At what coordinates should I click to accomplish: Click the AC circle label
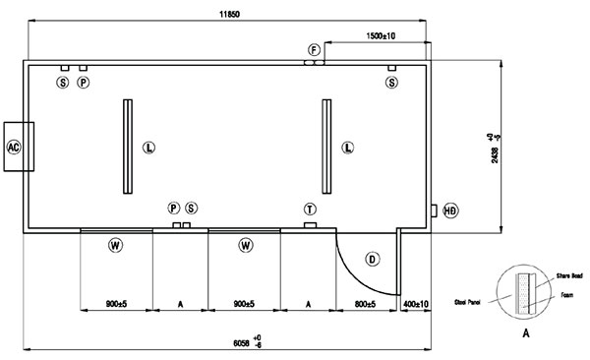click(14, 147)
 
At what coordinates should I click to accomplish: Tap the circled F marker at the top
click(314, 49)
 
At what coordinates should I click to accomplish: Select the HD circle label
click(450, 210)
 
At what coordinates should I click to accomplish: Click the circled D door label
click(372, 259)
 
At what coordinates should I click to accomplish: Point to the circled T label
click(310, 209)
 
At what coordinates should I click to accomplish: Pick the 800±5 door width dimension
click(365, 305)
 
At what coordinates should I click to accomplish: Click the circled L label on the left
click(148, 148)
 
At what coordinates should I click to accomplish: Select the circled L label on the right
click(348, 148)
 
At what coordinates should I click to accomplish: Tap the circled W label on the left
click(115, 244)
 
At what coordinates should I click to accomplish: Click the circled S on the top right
click(391, 84)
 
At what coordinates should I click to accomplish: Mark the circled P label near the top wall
click(84, 84)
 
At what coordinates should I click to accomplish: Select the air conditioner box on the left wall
click(19, 147)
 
